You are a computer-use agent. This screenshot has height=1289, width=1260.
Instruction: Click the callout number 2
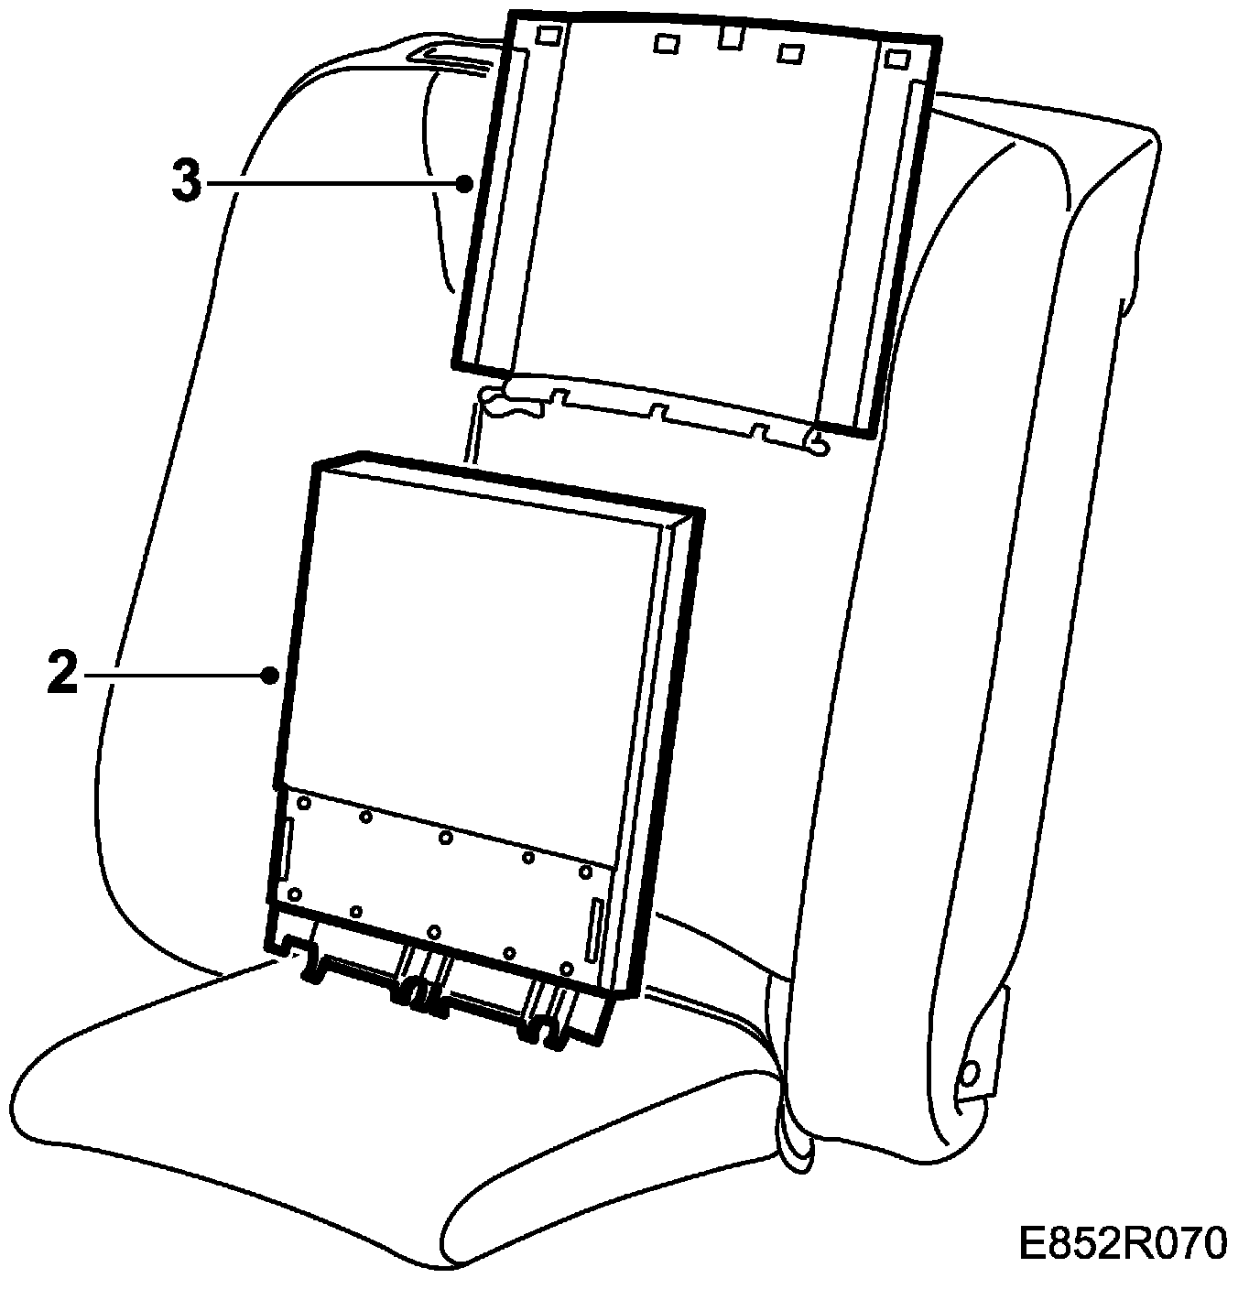(x=62, y=676)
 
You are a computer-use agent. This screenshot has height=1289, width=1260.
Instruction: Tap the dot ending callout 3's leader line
(x=464, y=183)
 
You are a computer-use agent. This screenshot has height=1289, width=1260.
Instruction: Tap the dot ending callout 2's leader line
(x=269, y=676)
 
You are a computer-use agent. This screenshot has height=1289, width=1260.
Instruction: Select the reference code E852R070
(x=1122, y=1244)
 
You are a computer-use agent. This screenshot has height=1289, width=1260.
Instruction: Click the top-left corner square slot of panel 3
(x=548, y=35)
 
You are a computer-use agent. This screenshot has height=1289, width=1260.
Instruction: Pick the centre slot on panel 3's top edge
(x=729, y=38)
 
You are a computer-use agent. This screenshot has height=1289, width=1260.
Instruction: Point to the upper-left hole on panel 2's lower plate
(x=302, y=802)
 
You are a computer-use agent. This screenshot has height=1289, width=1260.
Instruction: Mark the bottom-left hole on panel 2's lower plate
(x=294, y=894)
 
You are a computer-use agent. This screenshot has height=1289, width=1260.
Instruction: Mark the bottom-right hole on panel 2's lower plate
(x=567, y=968)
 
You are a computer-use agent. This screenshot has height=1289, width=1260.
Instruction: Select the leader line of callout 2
(x=174, y=676)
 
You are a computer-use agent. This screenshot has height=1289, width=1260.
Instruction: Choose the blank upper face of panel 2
(x=476, y=641)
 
